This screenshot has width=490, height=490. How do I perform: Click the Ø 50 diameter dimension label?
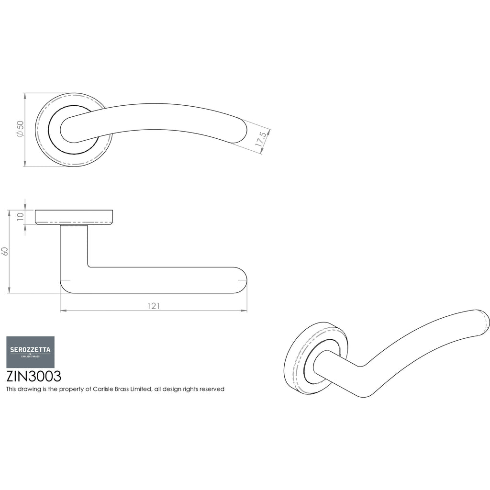click(x=20, y=128)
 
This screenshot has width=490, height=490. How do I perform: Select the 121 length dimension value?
click(x=154, y=306)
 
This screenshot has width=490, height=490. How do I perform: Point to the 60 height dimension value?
click(x=5, y=251)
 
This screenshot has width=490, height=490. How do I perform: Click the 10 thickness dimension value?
click(x=20, y=217)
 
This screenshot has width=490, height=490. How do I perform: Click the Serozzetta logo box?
click(x=30, y=352)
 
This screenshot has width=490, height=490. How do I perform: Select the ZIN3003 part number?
click(x=34, y=377)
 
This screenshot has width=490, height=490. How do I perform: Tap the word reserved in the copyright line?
click(x=212, y=389)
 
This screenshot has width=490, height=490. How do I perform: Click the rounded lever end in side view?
click(x=241, y=280)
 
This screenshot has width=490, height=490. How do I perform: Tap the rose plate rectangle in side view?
click(x=74, y=217)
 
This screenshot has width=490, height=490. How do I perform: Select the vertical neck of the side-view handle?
click(x=74, y=247)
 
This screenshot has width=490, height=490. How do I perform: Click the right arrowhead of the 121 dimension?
click(x=244, y=311)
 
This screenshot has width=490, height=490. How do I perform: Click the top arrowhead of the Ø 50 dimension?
click(x=25, y=96)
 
